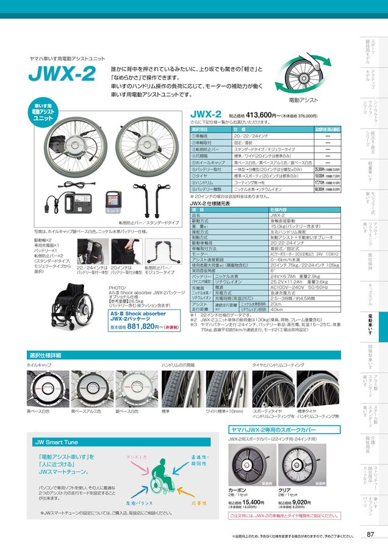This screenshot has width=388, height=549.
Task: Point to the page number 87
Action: (370, 534)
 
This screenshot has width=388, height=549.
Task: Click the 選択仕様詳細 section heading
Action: (45, 355)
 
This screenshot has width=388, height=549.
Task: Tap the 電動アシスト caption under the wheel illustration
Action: (303, 99)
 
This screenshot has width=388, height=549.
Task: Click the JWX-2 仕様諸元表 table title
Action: (210, 204)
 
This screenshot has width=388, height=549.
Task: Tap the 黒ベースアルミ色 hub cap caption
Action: (84, 412)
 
